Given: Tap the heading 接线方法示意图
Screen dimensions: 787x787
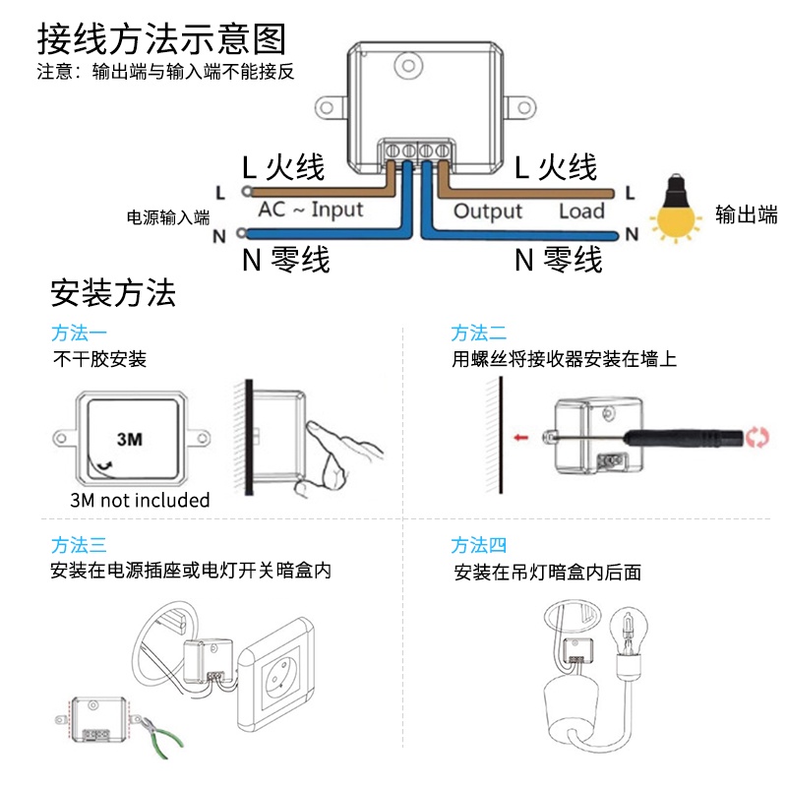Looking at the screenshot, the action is pos(161,38).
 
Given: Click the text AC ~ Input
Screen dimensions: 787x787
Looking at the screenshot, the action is pos(311,209).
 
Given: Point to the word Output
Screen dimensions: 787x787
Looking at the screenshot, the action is pos(488,212).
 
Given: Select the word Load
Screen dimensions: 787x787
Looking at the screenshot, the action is pos(581,211).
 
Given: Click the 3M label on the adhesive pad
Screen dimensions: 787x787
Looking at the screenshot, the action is pos(130,439).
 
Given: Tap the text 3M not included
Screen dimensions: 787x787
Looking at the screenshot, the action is pos(140,500).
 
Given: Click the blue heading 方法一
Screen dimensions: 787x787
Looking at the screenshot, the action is pos(79,333).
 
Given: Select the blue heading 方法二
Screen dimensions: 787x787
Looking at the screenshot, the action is pos(478,333).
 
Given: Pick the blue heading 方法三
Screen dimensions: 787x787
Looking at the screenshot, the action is pos(79,545).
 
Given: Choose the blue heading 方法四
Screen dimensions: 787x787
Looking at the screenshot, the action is pos(478,545).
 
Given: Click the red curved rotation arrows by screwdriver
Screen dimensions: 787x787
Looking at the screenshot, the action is pos(757,437).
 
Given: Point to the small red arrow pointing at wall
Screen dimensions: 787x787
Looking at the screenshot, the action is pos(521,438).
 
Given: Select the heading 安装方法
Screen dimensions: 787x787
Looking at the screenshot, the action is pos(113,293).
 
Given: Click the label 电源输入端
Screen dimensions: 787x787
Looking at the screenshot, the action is pos(168,217).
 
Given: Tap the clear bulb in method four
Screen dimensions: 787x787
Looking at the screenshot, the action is pos(628,636).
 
